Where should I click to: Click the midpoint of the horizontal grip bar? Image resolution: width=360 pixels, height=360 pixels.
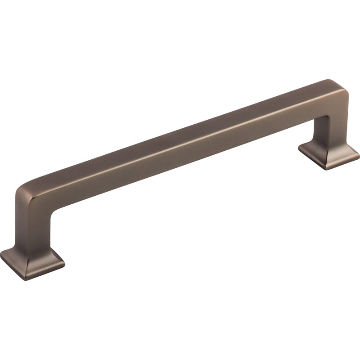coord(180,139)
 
